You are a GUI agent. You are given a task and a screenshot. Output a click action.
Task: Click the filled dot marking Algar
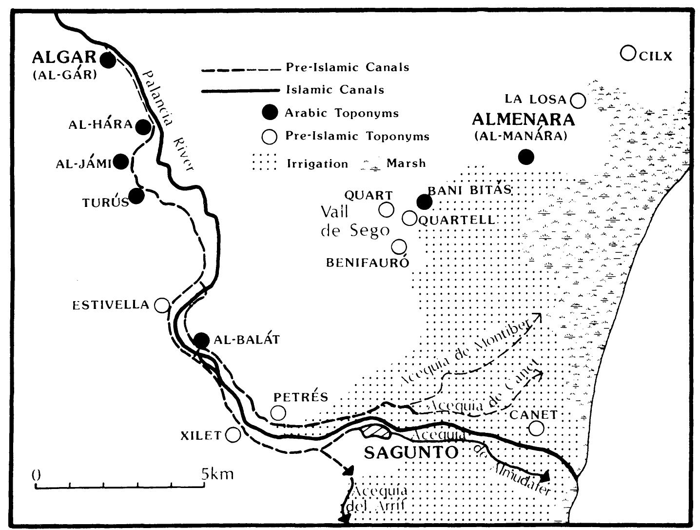tap(107, 60)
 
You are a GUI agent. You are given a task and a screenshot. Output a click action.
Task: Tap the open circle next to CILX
tap(628, 53)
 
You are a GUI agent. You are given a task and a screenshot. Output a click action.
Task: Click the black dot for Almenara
tap(525, 157)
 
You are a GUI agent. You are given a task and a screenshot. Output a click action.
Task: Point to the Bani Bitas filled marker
tap(424, 201)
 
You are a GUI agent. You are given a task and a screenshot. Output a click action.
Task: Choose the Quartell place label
tap(457, 220)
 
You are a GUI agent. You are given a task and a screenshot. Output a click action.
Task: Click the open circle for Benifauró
tap(399, 247)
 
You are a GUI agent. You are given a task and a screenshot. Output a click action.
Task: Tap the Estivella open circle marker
tap(162, 306)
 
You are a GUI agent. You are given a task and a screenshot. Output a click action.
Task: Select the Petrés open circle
tap(278, 413)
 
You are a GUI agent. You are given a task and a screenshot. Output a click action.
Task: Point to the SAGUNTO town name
tap(411, 452)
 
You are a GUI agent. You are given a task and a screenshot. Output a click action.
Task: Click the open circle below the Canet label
tap(536, 428)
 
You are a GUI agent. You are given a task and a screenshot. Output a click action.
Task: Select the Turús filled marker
tap(137, 196)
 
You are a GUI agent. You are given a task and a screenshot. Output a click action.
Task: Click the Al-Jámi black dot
tap(121, 162)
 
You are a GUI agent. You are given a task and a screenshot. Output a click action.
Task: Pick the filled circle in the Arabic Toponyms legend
tap(269, 113)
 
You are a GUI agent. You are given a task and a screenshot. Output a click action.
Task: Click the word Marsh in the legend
tap(406, 163)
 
